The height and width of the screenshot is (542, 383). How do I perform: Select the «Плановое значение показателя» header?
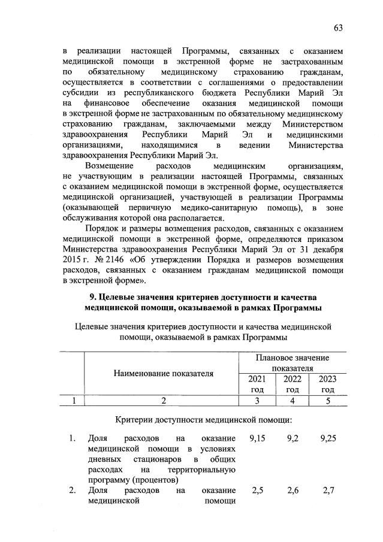click(292, 362)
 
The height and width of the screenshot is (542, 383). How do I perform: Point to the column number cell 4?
click(291, 401)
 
